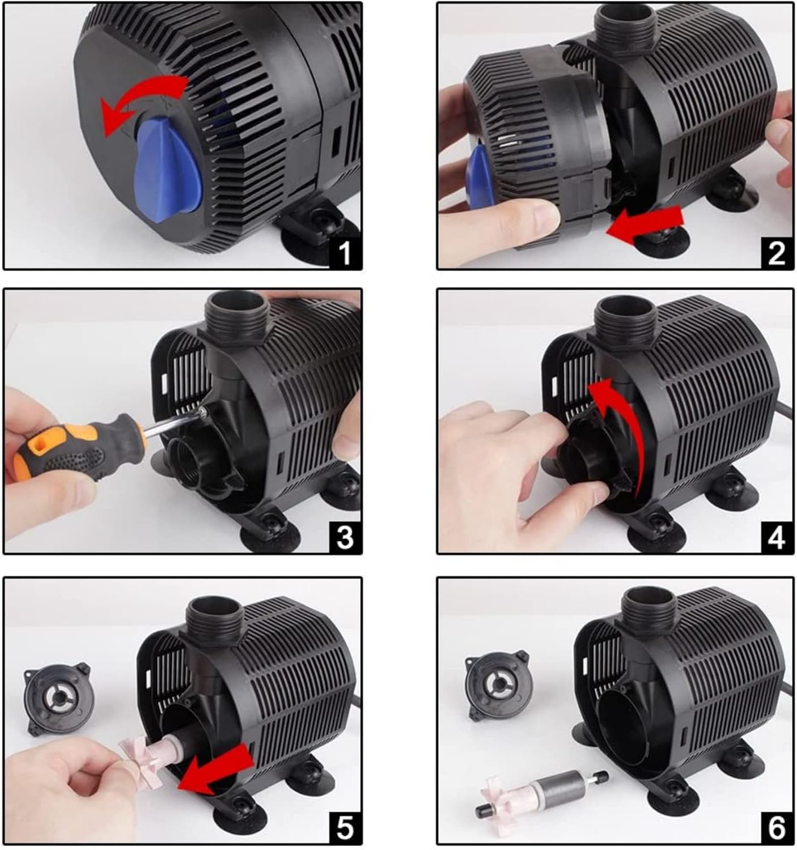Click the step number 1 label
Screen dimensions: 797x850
(345, 253)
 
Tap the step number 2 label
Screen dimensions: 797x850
(777, 253)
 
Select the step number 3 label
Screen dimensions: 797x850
(345, 537)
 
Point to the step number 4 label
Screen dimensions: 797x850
(777, 537)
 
